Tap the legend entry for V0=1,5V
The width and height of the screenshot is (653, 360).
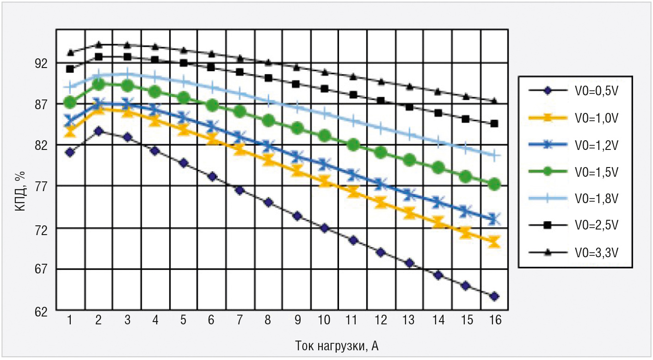[596, 172]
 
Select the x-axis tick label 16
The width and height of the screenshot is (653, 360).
[494, 320]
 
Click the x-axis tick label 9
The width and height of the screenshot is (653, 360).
[297, 320]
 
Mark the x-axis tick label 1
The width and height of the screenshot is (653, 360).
[70, 320]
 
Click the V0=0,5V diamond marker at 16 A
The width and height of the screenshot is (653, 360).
[494, 296]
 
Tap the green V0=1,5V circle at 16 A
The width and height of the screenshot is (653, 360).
[494, 184]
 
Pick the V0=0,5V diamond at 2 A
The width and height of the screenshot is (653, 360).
[98, 131]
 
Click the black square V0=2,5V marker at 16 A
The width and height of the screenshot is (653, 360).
[494, 124]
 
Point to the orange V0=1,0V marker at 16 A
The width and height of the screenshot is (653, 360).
[494, 241]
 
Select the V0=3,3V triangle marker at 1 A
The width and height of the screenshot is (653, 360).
[70, 52]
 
